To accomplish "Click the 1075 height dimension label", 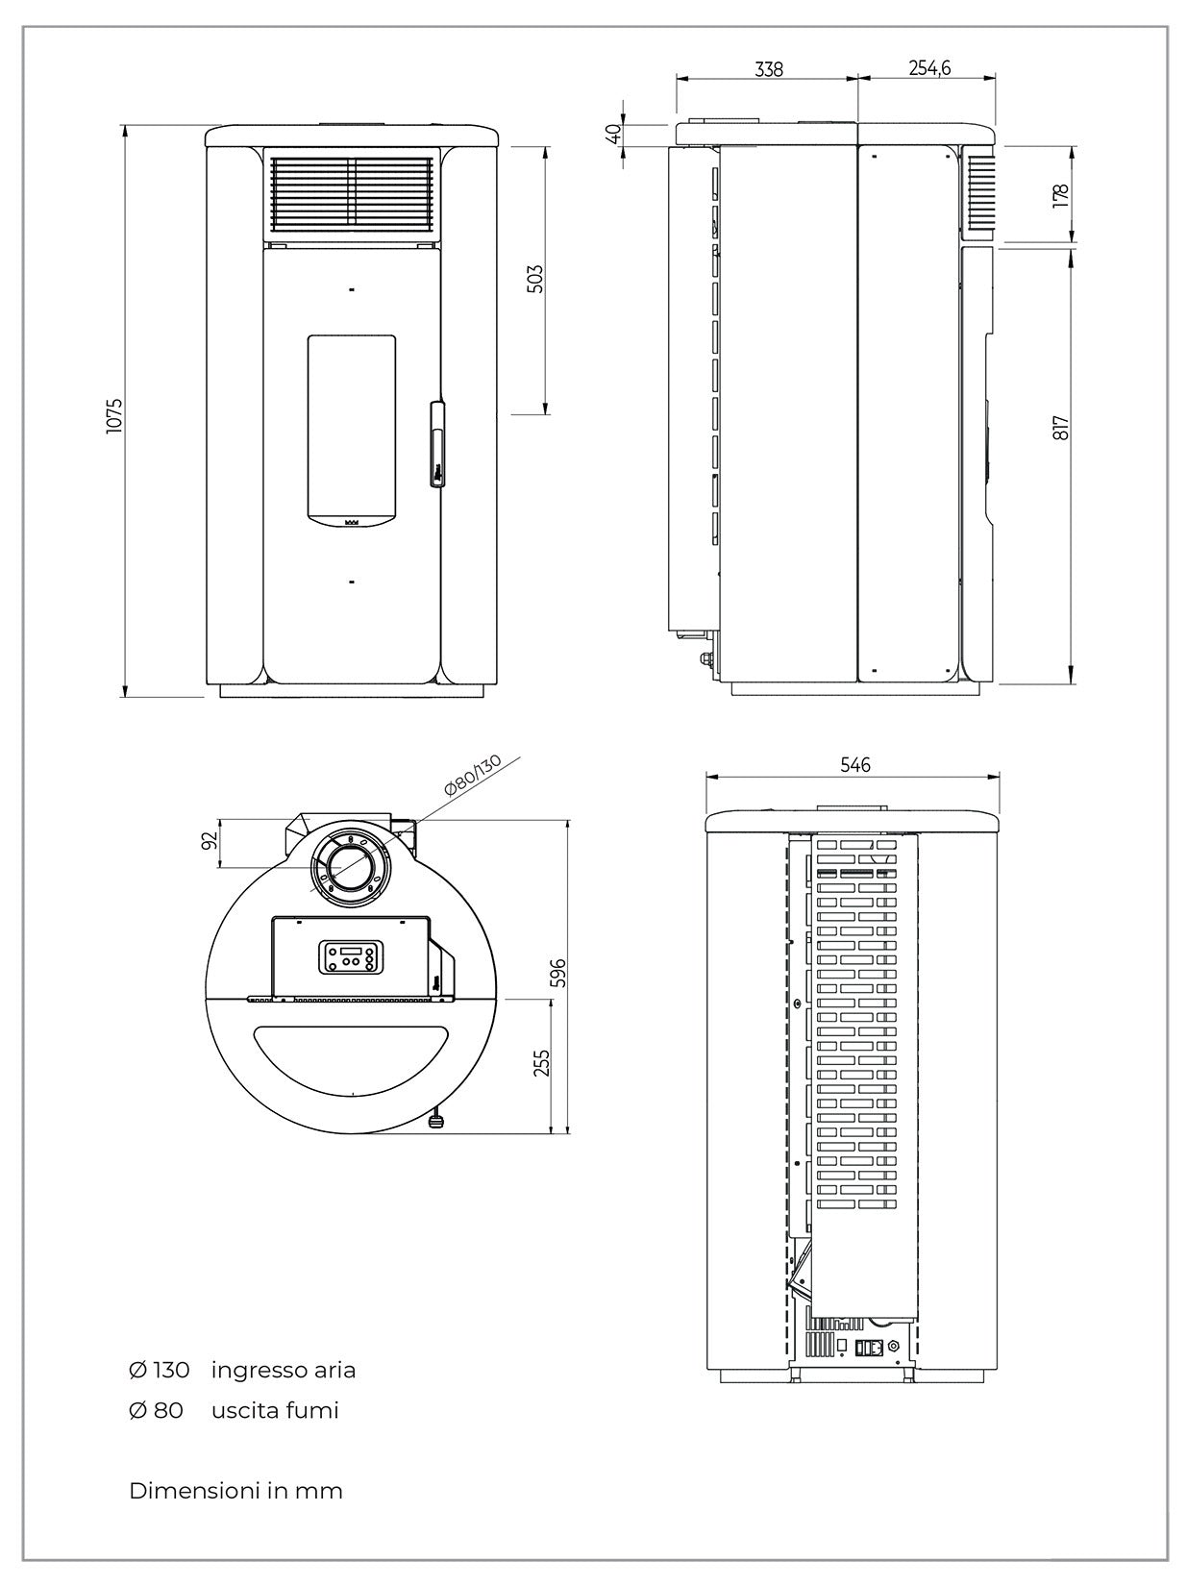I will tap(114, 413).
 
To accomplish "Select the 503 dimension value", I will tap(536, 279).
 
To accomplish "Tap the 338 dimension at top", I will tap(769, 69).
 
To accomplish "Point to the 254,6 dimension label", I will tap(928, 68).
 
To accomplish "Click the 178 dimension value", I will tap(1060, 195).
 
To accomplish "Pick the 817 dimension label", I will tap(1060, 429).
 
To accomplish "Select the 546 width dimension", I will tap(854, 764).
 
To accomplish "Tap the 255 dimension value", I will tap(542, 1062).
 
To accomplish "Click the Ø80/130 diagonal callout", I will tap(473, 775).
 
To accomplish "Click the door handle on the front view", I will tap(437, 444).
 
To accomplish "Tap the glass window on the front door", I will tap(352, 428).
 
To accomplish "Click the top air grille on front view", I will tap(352, 194).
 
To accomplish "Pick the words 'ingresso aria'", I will tap(284, 1370).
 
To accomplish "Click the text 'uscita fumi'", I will tap(275, 1410).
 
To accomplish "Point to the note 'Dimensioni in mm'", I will tap(235, 1491).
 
